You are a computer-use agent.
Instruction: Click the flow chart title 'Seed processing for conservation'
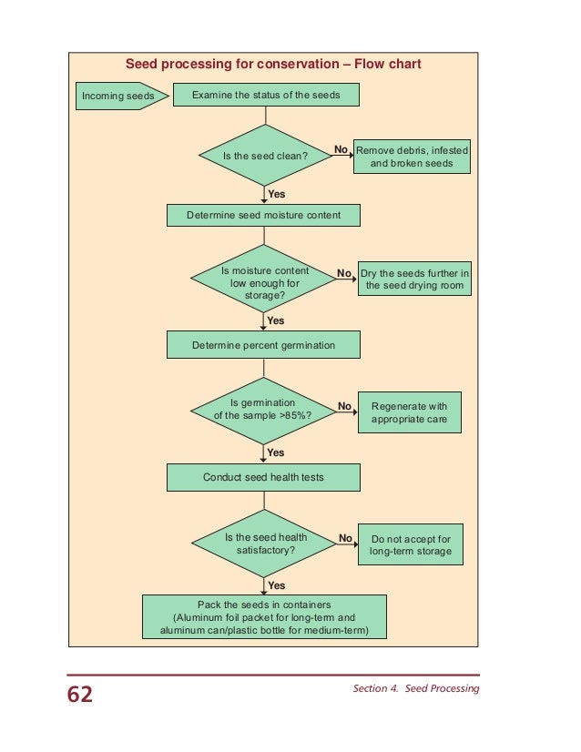pos(272,65)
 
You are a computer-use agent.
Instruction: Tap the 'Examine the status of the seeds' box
pos(265,95)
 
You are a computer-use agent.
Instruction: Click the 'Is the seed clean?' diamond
pos(264,156)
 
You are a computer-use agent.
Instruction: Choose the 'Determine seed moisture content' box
pos(263,215)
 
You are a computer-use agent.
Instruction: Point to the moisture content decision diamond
pos(264,282)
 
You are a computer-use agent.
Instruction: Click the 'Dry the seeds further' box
pos(414,279)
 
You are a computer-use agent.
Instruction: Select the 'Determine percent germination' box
pos(263,345)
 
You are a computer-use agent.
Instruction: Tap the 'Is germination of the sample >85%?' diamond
pos(263,409)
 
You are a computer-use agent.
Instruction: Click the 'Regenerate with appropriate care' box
pos(409,412)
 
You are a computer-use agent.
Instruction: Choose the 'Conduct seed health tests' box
pos(263,477)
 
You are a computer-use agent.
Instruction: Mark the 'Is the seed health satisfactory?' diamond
pos(264,544)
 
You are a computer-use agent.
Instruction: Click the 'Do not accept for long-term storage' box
pos(411,544)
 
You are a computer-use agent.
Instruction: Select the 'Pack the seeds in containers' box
pos(264,618)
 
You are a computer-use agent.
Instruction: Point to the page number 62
pos(80,696)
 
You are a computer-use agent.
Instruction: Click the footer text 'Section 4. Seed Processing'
pos(415,689)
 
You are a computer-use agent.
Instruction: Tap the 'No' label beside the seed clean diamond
pos(341,149)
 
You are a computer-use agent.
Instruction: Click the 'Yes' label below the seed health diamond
pos(276,585)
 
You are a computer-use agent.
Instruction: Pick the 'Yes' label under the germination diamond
pos(276,452)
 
